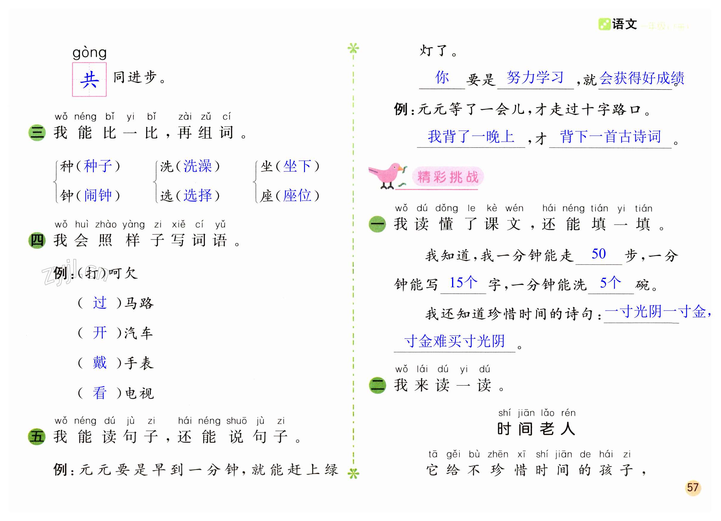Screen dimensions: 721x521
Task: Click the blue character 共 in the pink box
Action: point(89,79)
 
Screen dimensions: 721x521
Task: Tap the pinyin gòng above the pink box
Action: point(89,53)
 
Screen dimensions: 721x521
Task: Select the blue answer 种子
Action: point(98,166)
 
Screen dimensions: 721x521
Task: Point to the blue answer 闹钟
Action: point(98,195)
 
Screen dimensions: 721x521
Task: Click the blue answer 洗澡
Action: point(197,166)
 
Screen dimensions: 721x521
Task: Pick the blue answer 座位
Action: point(297,195)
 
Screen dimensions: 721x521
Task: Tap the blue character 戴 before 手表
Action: point(99,362)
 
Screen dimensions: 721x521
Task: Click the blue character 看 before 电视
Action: point(99,393)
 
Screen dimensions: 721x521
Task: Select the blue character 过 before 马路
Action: point(99,302)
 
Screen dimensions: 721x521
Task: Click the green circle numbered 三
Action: point(37,132)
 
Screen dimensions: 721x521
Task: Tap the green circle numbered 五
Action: point(37,437)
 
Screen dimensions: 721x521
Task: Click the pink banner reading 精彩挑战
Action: point(448,177)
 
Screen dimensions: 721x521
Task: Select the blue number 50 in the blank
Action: point(599,254)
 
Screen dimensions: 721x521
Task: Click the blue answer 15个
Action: point(463,282)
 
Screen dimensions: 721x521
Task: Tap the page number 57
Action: point(693,487)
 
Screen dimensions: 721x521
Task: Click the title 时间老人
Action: point(536,429)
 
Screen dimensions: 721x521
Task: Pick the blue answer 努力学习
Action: point(535,78)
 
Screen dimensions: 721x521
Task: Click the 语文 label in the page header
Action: point(624,24)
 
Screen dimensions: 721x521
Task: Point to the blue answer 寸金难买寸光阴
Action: point(454,341)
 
